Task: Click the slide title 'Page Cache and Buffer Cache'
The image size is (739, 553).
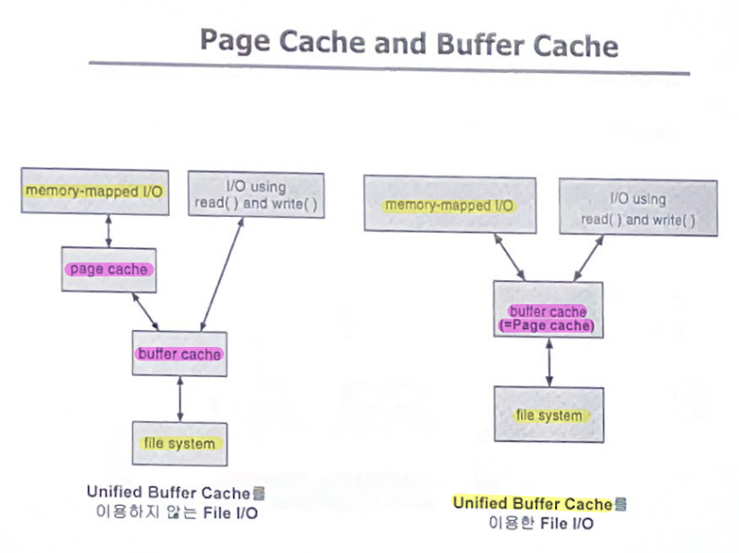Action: [x=408, y=42]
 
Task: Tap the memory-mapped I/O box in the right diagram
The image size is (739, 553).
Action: [x=450, y=206]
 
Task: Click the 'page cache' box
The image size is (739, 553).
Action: [x=109, y=269]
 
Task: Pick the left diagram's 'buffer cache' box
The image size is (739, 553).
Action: [x=179, y=354]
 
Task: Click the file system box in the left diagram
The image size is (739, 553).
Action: [x=179, y=443]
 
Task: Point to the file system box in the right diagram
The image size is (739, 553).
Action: [x=549, y=416]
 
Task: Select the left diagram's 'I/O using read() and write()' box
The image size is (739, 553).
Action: [x=255, y=195]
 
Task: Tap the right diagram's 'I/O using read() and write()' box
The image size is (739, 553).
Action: [x=638, y=208]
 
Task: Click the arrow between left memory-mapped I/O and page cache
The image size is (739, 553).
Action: [x=109, y=230]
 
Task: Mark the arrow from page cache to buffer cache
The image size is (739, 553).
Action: [x=145, y=311]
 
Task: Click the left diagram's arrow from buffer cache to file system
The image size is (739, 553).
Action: [x=180, y=399]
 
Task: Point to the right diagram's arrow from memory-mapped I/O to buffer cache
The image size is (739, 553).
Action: [x=510, y=258]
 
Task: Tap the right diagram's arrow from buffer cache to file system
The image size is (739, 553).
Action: [x=549, y=362]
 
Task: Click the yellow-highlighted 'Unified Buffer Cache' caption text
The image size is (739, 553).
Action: [x=533, y=504]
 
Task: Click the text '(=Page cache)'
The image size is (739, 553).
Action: [x=547, y=326]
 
